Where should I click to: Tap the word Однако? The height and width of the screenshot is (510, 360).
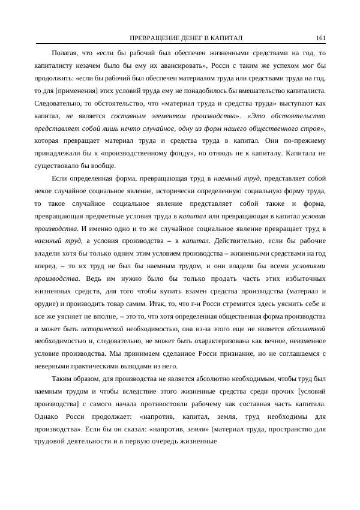click(49, 417)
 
